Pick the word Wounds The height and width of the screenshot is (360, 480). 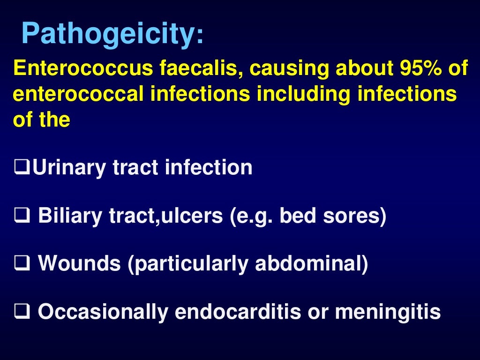tap(79, 264)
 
